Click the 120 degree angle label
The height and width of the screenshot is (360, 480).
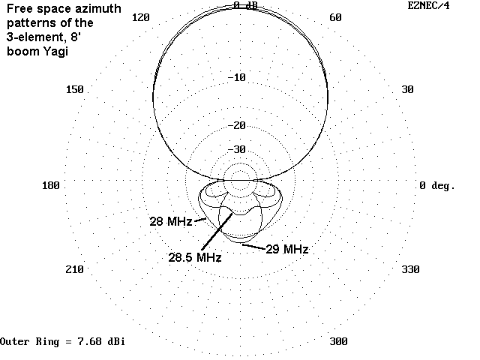pyautogui.click(x=141, y=17)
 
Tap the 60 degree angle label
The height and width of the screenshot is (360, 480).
pyautogui.click(x=335, y=17)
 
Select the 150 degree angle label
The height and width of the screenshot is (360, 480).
pyautogui.click(x=75, y=89)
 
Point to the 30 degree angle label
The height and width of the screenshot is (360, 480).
pyautogui.click(x=407, y=89)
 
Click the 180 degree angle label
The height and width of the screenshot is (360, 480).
pyautogui.click(x=51, y=185)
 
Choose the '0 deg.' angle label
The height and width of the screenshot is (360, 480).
pyautogui.click(x=437, y=185)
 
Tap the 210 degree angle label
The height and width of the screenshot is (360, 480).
pyautogui.click(x=75, y=269)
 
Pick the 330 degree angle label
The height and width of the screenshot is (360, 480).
pyautogui.click(x=410, y=269)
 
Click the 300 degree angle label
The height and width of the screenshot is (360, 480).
pyautogui.click(x=338, y=341)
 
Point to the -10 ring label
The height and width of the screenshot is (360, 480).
pyautogui.click(x=237, y=77)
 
